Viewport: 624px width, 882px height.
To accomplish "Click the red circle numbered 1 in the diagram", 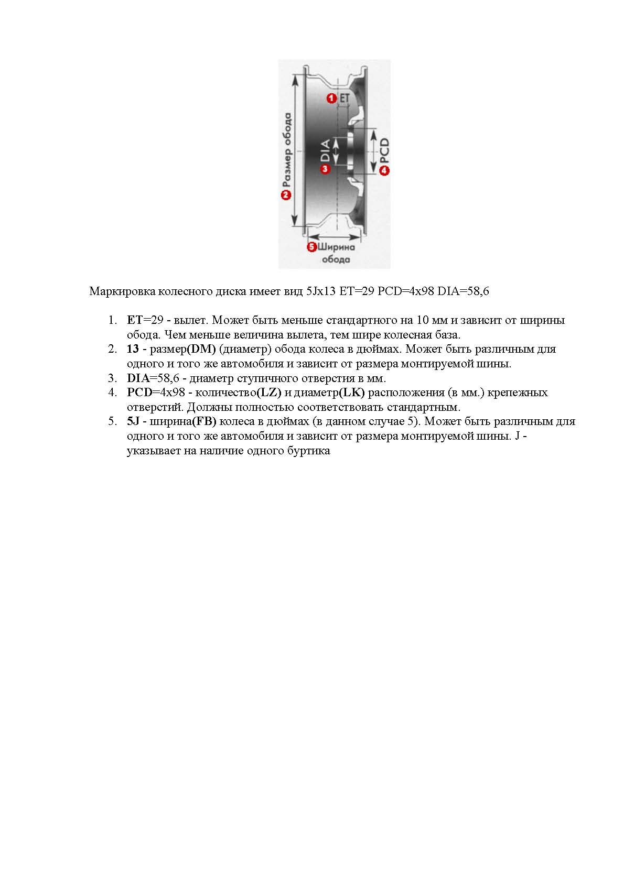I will coord(331,98).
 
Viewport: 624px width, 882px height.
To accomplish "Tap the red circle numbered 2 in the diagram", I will coord(286,195).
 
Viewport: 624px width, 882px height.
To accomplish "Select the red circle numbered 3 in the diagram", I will coord(325,169).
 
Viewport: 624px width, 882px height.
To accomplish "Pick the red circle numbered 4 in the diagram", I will coord(384,170).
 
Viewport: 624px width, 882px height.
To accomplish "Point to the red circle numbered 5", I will coord(311,247).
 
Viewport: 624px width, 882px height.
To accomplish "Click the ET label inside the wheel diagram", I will coord(344,98).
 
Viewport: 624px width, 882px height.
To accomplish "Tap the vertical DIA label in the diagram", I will coord(325,150).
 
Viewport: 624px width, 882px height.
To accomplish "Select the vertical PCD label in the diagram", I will coord(384,150).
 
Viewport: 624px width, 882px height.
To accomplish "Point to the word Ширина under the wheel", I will coord(337,247).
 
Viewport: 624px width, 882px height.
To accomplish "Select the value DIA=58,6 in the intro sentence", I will coord(463,291).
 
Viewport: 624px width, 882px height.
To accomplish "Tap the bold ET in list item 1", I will coord(134,320).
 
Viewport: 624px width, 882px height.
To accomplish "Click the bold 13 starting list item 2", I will coord(133,349).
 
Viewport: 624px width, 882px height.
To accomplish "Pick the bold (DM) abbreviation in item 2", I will coord(201,349).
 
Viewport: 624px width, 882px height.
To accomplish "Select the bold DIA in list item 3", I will coord(138,378).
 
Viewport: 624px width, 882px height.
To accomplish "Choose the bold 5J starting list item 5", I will coord(133,421).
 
